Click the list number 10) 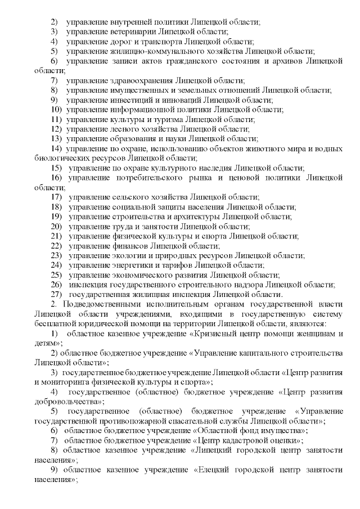tap(56, 110)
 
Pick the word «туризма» tap(164, 119)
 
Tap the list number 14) tap(56, 148)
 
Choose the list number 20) tap(56, 227)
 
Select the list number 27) tap(56, 294)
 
